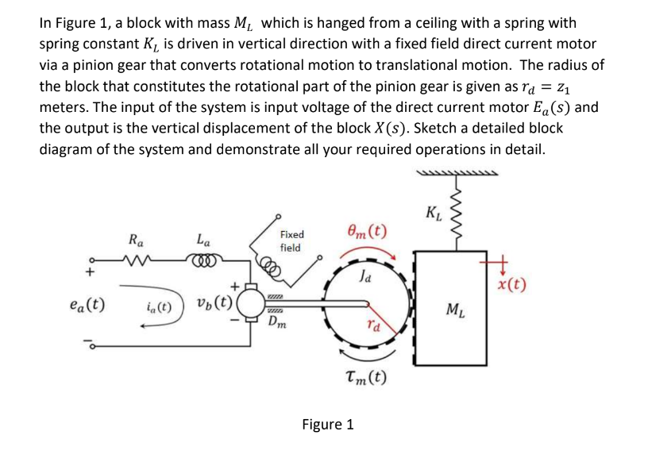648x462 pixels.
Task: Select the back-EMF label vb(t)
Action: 215,303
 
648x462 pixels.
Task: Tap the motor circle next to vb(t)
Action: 252,303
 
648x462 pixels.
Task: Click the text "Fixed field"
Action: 291,241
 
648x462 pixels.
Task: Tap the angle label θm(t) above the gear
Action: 368,232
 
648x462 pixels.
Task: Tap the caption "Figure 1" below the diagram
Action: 327,425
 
